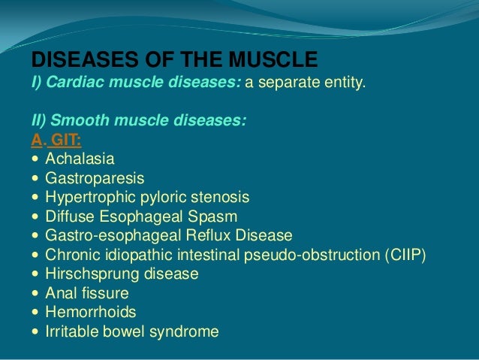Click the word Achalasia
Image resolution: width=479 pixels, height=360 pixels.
pyautogui.click(x=80, y=159)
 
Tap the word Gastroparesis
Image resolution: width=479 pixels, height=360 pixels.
pyautogui.click(x=95, y=178)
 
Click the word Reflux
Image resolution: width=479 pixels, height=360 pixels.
pyautogui.click(x=209, y=235)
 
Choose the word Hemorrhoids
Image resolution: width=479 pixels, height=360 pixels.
pyautogui.click(x=91, y=311)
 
